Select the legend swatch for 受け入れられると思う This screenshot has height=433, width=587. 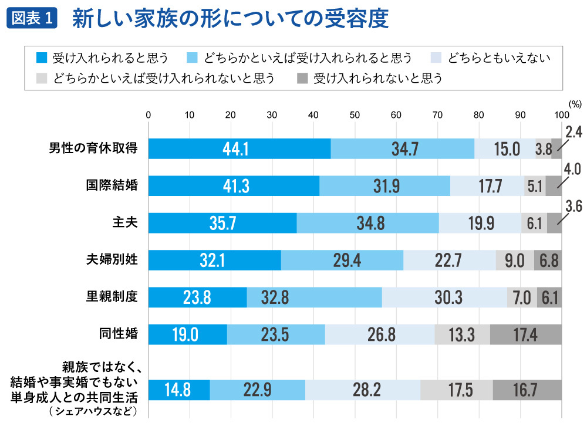pyautogui.click(x=41, y=58)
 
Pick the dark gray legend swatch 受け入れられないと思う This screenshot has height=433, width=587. pyautogui.click(x=302, y=78)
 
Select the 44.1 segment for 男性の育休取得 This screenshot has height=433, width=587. pyautogui.click(x=239, y=149)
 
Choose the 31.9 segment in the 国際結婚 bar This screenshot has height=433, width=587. pyautogui.click(x=384, y=186)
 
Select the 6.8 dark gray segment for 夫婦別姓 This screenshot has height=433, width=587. pyautogui.click(x=548, y=260)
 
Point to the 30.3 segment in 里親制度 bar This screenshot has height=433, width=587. pyautogui.click(x=444, y=297)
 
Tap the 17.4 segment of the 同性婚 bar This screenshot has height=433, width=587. pyautogui.click(x=525, y=334)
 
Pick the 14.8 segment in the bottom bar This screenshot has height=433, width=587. pyautogui.click(x=178, y=390)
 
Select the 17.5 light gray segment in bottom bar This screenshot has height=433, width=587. pyautogui.click(x=456, y=390)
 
